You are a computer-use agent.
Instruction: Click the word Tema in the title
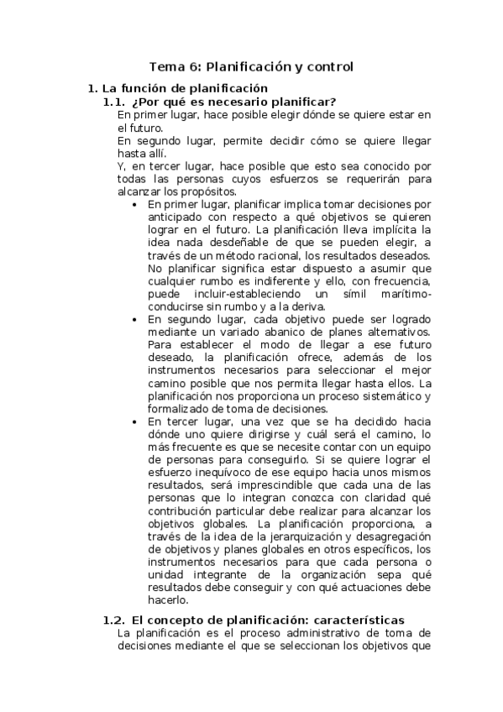point(165,65)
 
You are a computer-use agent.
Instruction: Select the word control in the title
point(329,65)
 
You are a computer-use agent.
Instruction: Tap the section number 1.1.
point(113,102)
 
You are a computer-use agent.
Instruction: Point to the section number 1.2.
point(113,620)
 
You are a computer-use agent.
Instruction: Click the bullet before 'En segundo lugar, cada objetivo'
point(136,320)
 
